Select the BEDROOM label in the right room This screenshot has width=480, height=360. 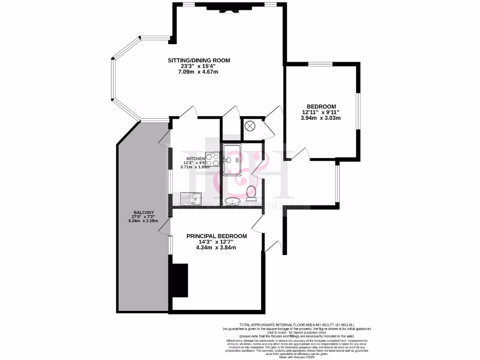pyautogui.click(x=321, y=106)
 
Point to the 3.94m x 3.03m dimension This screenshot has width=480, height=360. pyautogui.click(x=321, y=118)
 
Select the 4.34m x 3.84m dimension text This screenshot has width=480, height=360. pyautogui.click(x=216, y=247)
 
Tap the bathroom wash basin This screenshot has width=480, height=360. pyautogui.click(x=232, y=202)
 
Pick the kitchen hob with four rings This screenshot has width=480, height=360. pyautogui.click(x=213, y=160)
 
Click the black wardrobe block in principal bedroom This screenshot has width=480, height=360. pyautogui.click(x=180, y=280)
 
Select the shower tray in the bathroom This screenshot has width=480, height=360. pyautogui.click(x=232, y=159)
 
